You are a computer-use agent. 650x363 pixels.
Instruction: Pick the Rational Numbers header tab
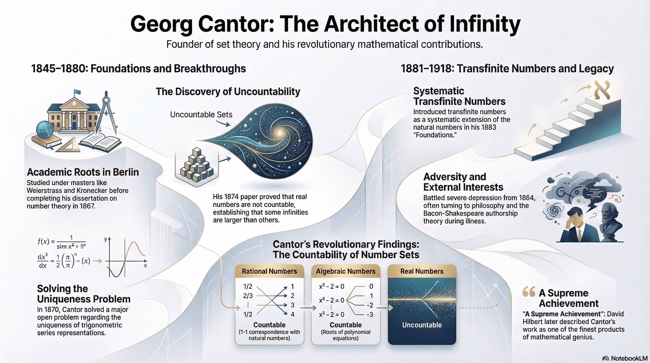[269, 271]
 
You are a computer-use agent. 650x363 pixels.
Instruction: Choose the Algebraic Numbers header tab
[346, 271]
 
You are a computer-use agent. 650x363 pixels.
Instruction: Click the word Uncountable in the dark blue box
[422, 325]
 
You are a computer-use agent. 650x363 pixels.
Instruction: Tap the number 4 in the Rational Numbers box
[292, 314]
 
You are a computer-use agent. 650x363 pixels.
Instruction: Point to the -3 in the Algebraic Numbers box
[370, 314]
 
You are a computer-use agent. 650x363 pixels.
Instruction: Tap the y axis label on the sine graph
[106, 239]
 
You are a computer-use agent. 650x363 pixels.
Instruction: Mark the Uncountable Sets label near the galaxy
[201, 115]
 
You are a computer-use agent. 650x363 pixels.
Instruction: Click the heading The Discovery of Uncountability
[228, 92]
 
